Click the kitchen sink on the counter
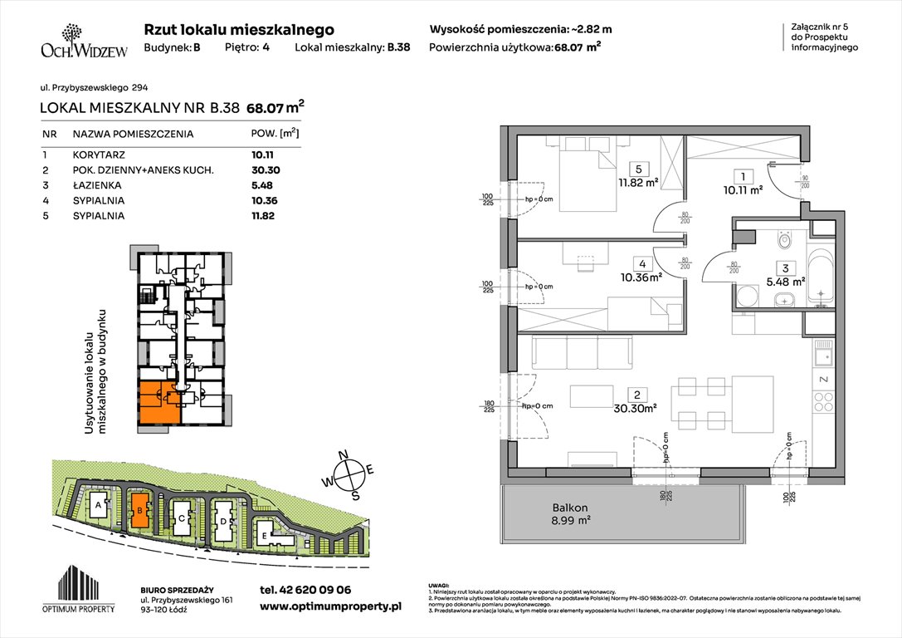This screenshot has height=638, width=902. coord(823,357)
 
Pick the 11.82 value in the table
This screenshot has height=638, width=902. coord(262,216)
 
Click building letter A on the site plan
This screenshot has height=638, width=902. coord(99,505)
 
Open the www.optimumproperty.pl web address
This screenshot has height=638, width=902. coord(330,606)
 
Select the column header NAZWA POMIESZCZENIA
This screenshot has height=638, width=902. coord(133,133)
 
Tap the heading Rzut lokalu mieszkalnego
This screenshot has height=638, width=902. coord(239,29)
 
